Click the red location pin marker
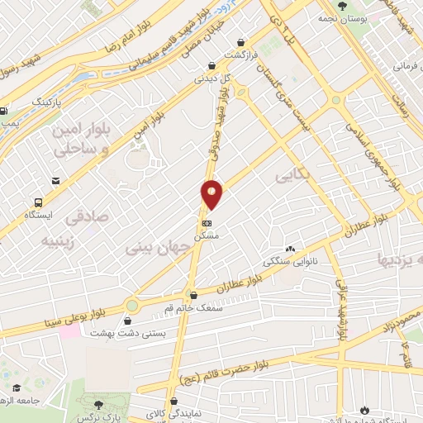click(211, 194)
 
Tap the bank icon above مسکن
click(206, 223)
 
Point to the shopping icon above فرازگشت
click(240, 43)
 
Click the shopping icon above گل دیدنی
click(211, 66)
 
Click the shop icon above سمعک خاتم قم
click(193, 295)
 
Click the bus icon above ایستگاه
click(37, 202)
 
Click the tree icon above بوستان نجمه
click(341, 7)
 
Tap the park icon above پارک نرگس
click(99, 404)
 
